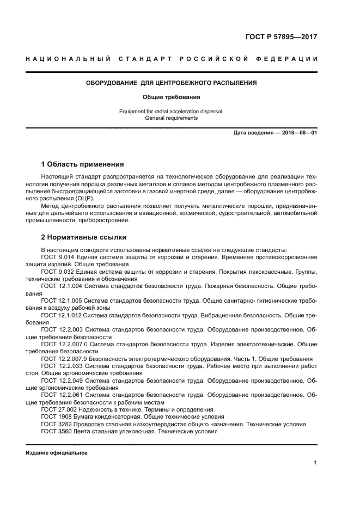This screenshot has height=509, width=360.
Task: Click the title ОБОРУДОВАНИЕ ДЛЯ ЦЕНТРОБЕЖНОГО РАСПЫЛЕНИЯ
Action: click(172, 83)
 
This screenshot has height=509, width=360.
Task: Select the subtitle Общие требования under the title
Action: click(172, 97)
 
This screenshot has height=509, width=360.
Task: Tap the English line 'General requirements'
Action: click(172, 118)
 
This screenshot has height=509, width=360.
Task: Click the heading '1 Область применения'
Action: click(83, 164)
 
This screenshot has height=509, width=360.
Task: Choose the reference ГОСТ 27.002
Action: click(59, 409)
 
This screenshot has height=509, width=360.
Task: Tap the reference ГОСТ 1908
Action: click(56, 416)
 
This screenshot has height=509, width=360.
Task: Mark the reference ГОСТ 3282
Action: click(56, 424)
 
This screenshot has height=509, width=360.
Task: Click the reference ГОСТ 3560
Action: click(56, 431)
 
